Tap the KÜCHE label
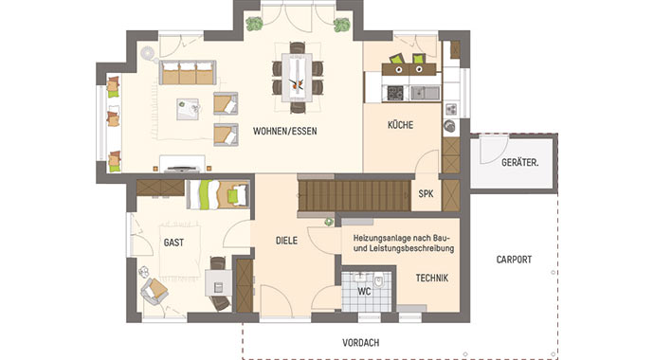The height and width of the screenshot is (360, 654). click(x=401, y=125)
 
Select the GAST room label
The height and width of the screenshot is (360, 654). click(x=173, y=242)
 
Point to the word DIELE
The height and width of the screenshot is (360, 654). click(x=286, y=241)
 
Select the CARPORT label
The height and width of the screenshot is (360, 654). click(x=513, y=259)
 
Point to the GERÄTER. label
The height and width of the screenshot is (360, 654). click(x=520, y=162)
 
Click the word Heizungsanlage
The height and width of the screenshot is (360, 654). click(x=380, y=235)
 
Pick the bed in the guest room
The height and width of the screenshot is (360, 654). click(x=216, y=194)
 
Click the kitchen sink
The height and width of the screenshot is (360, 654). click(x=426, y=92)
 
